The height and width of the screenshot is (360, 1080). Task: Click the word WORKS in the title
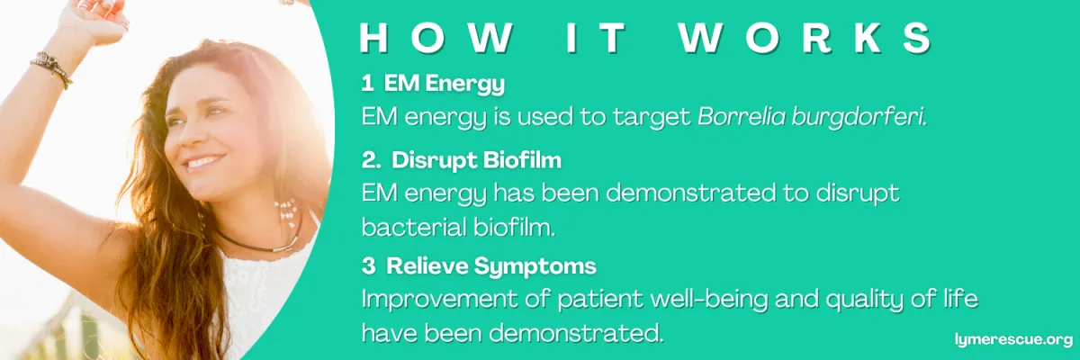click(805, 37)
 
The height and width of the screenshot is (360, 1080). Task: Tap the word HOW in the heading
click(436, 37)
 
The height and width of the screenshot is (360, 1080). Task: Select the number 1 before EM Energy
click(367, 84)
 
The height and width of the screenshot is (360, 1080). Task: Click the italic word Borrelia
click(741, 117)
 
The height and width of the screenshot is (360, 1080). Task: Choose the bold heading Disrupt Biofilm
click(476, 160)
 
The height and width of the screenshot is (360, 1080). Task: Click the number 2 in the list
click(371, 160)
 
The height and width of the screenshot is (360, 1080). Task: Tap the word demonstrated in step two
click(691, 193)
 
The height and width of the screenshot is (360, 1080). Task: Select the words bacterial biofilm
click(458, 227)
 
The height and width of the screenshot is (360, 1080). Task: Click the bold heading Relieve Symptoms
click(490, 266)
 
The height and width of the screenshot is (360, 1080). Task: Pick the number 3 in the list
click(368, 266)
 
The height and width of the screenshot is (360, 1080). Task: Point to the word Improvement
click(438, 300)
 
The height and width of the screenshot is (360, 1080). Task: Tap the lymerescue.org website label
click(1014, 339)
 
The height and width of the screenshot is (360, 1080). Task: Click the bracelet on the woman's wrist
click(52, 70)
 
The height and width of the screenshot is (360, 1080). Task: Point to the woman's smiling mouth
click(203, 161)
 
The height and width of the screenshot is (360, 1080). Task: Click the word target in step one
click(652, 118)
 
